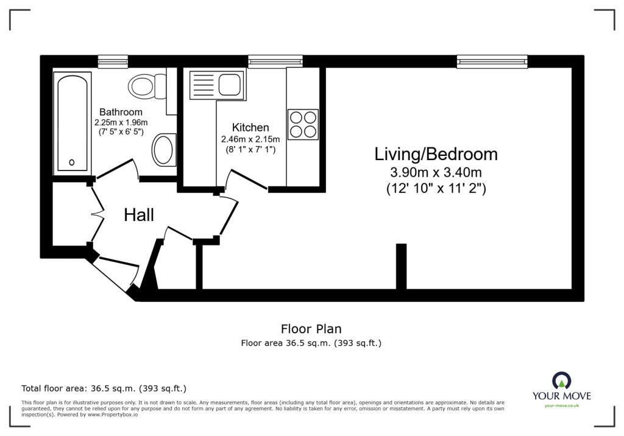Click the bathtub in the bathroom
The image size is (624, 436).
tap(74, 122)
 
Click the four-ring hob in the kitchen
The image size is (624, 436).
tap(303, 124)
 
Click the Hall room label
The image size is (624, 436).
tap(139, 215)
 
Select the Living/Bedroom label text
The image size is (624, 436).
tap(436, 154)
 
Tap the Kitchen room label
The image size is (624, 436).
tap(250, 127)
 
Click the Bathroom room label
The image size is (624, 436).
tap(121, 112)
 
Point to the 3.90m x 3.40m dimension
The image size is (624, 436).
tap(436, 172)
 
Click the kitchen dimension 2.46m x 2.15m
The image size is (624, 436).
tap(250, 139)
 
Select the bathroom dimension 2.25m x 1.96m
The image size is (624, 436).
tap(121, 122)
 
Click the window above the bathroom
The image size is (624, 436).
tap(113, 61)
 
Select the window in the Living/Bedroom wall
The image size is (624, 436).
tap(492, 61)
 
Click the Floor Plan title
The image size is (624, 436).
tap(311, 329)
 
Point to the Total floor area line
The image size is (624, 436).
tap(104, 388)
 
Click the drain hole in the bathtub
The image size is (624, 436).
tap(72, 162)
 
